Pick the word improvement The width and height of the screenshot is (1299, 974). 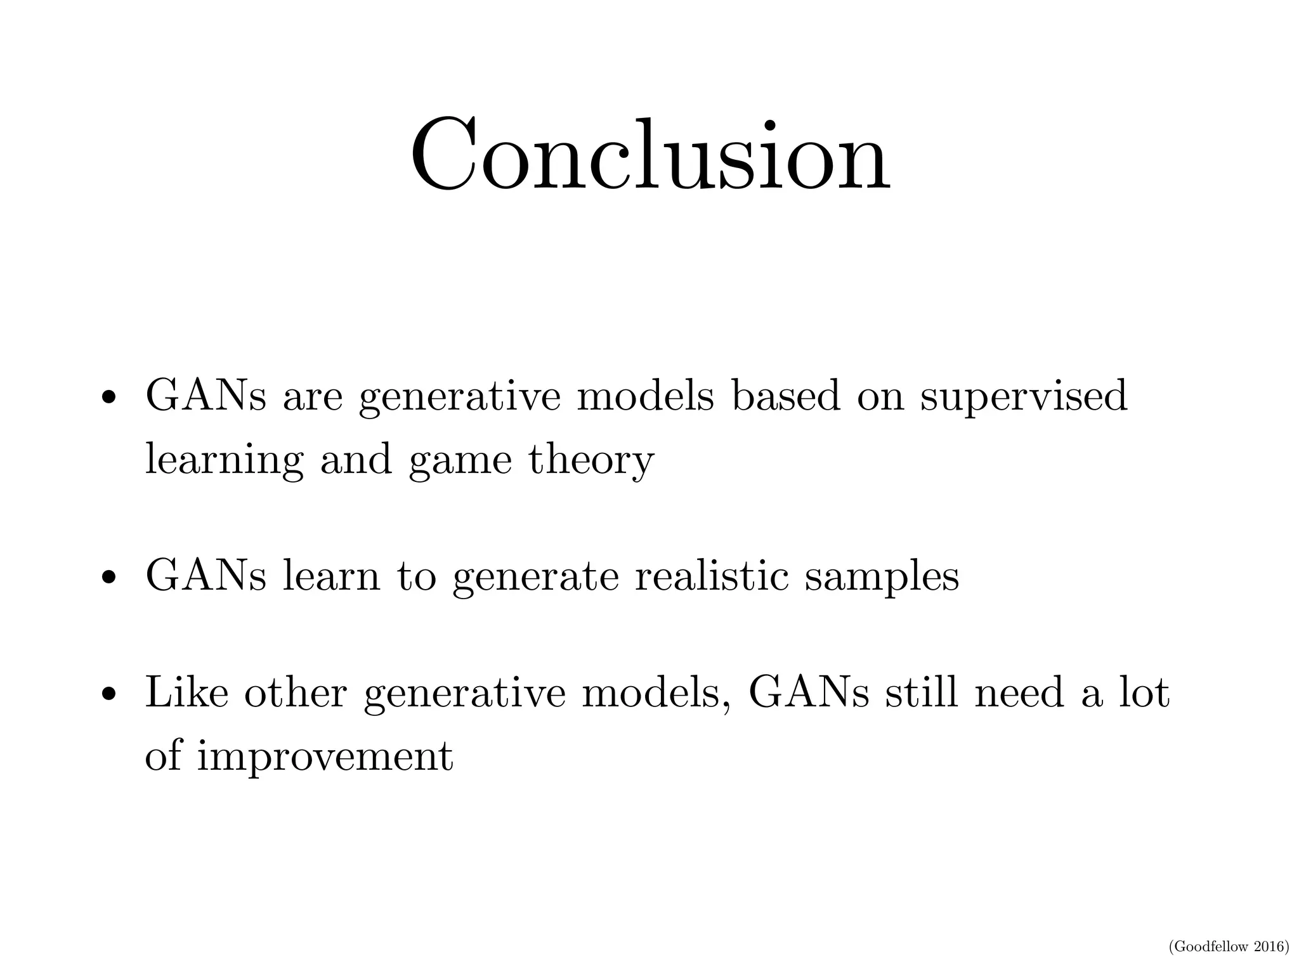coord(325,757)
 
